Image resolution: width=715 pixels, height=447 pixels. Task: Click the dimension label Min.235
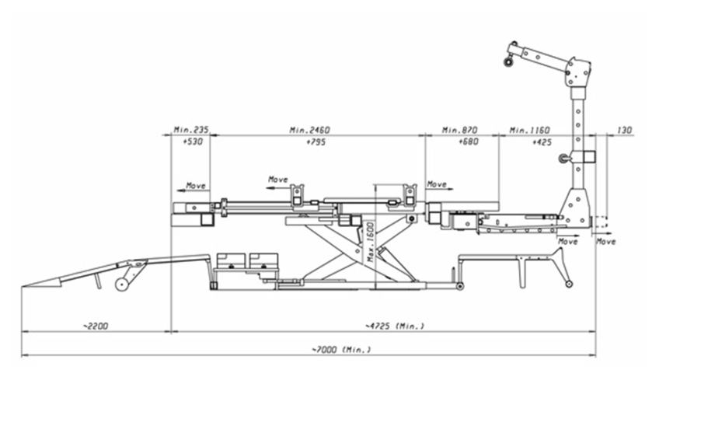[191, 130]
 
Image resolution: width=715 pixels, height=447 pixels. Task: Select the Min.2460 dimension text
[309, 130]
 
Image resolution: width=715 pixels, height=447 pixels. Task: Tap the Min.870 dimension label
[460, 130]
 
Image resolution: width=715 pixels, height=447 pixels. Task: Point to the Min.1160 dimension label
[530, 130]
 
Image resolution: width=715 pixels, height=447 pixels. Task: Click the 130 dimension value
[625, 130]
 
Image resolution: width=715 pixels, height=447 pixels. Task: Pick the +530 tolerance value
[193, 141]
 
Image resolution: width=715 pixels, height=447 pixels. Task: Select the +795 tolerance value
[316, 142]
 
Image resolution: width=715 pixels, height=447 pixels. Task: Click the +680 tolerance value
[469, 141]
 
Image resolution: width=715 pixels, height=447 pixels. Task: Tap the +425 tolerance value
[542, 142]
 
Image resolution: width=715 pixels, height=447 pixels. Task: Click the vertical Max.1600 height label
[371, 242]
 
